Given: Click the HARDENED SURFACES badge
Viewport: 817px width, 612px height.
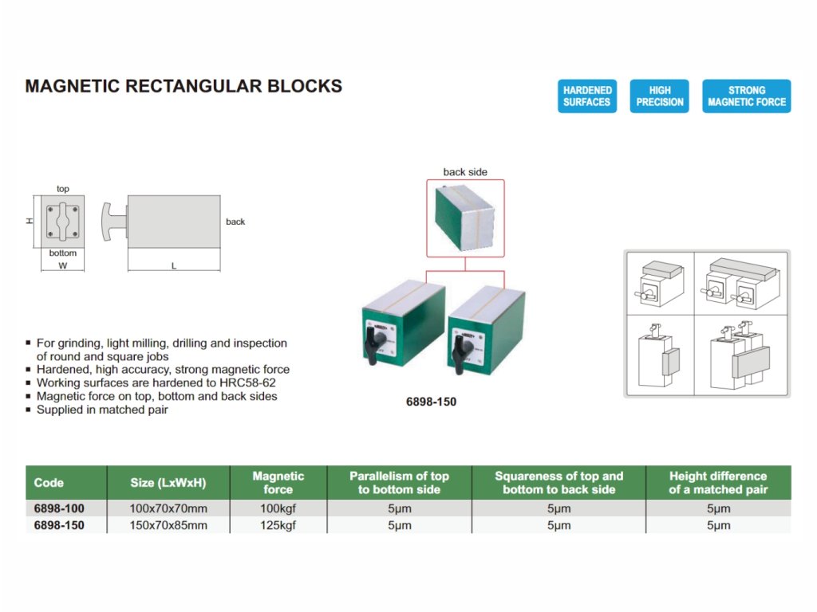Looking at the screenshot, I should tap(586, 96).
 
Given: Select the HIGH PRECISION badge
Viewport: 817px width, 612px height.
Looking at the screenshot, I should tap(659, 96).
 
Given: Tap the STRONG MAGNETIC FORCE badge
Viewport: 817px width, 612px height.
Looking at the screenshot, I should tap(746, 96).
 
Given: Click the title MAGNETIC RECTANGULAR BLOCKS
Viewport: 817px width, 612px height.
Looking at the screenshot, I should tap(184, 86).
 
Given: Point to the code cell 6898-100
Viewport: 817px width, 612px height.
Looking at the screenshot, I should tap(59, 508).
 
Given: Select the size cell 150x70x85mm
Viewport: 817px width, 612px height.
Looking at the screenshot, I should tap(168, 525).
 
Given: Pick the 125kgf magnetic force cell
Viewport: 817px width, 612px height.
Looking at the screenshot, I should tap(278, 525).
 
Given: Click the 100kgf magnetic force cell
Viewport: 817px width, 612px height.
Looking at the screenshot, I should tap(278, 508).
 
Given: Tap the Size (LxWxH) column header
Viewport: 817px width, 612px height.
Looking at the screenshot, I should tap(168, 483).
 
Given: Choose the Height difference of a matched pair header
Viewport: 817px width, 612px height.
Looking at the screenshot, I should tap(718, 483).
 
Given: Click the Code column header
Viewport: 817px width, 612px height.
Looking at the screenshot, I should tap(49, 483).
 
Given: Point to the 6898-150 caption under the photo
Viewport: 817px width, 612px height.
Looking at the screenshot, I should tap(432, 402).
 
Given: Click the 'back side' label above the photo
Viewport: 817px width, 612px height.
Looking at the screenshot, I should tap(465, 172).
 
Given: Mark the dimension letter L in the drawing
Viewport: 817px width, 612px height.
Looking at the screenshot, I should tap(174, 266).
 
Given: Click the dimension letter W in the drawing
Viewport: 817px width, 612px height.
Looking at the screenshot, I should tap(62, 266).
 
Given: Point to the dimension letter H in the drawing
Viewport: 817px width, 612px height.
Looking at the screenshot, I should tap(30, 221).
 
